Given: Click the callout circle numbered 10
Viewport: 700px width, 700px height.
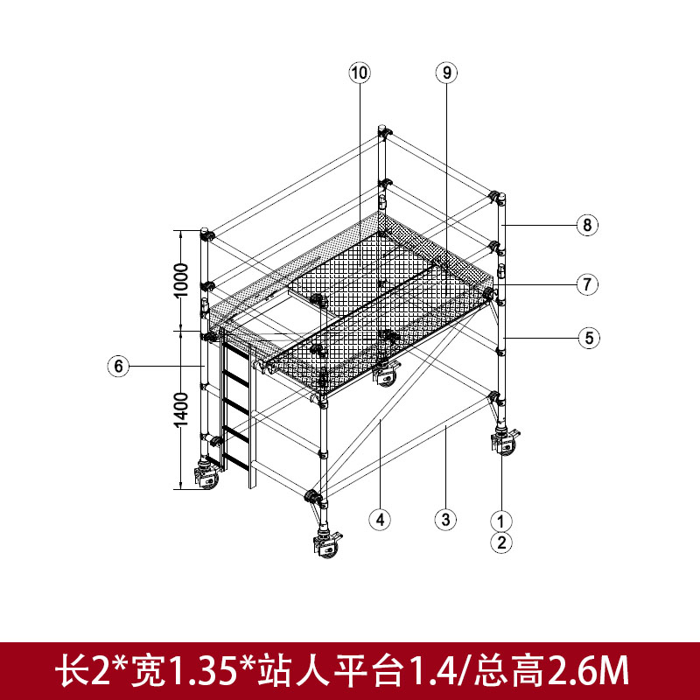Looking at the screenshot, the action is [360, 73].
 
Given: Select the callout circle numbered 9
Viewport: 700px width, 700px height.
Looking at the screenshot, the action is [446, 73].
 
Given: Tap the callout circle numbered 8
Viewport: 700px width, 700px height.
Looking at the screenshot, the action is [587, 225].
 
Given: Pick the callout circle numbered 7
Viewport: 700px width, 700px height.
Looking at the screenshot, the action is [587, 283].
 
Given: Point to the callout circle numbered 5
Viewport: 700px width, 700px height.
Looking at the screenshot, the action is [589, 338].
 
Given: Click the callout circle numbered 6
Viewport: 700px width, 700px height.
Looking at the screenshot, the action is [118, 366].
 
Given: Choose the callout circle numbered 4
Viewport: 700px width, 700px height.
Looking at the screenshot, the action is [380, 519].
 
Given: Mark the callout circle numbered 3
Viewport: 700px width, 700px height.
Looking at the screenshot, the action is [445, 519].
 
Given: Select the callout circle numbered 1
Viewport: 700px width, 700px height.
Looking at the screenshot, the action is [500, 521].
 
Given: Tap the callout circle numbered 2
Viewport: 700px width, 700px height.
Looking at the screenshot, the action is [500, 542].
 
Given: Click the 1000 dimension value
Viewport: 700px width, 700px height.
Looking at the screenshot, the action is [181, 280].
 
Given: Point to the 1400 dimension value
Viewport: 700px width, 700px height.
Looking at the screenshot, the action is [181, 409].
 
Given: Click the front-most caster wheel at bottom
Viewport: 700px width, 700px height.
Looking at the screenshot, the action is [328, 544].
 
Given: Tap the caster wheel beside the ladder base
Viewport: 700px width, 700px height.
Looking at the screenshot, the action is [207, 477].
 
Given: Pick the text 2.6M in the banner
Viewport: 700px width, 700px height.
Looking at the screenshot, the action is [588, 670].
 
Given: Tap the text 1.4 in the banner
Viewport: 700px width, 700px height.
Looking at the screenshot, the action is [430, 670].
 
